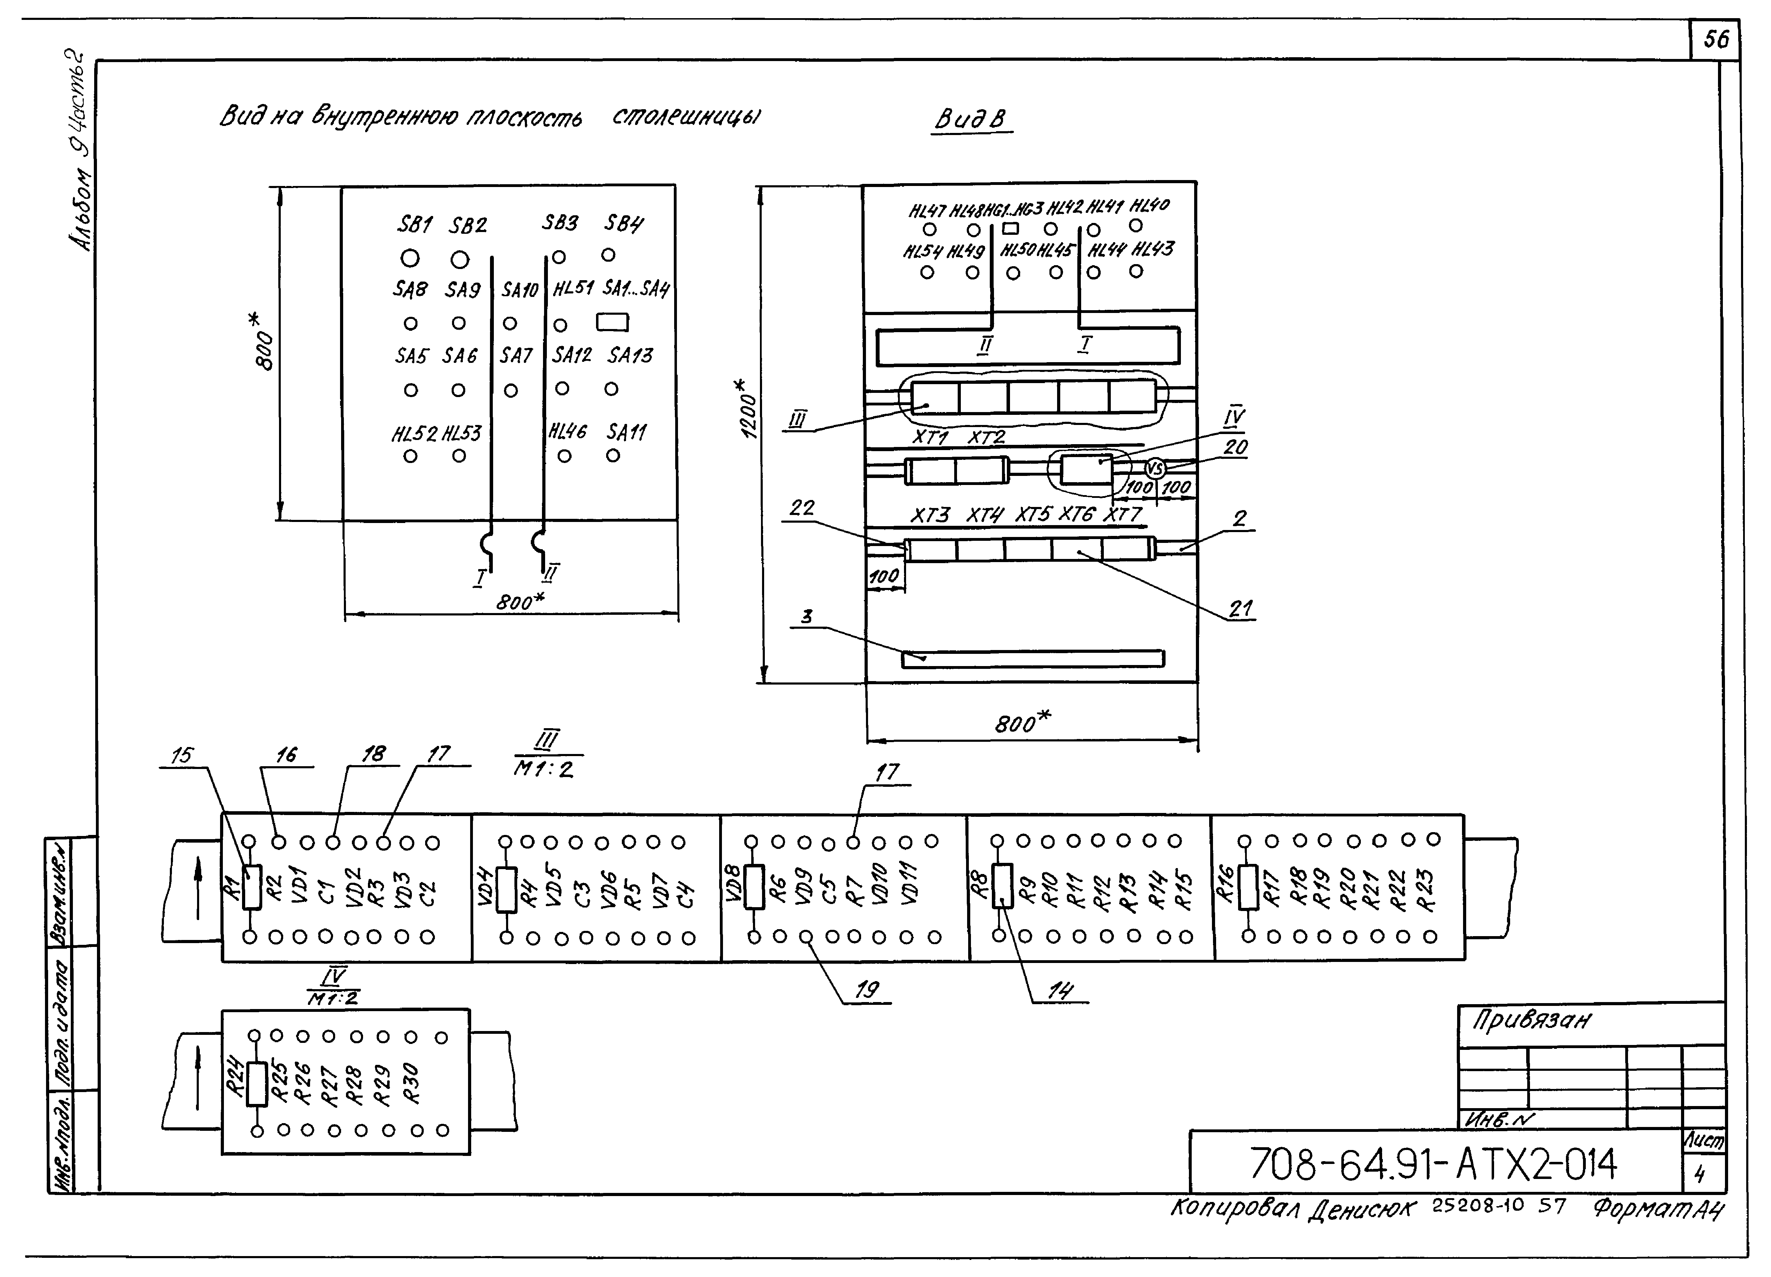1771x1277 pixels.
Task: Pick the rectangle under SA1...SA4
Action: click(612, 322)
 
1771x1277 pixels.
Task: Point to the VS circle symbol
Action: click(1155, 469)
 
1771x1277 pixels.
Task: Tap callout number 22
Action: click(801, 508)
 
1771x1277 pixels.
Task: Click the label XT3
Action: click(930, 515)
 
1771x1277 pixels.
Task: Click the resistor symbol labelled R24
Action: click(257, 1084)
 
